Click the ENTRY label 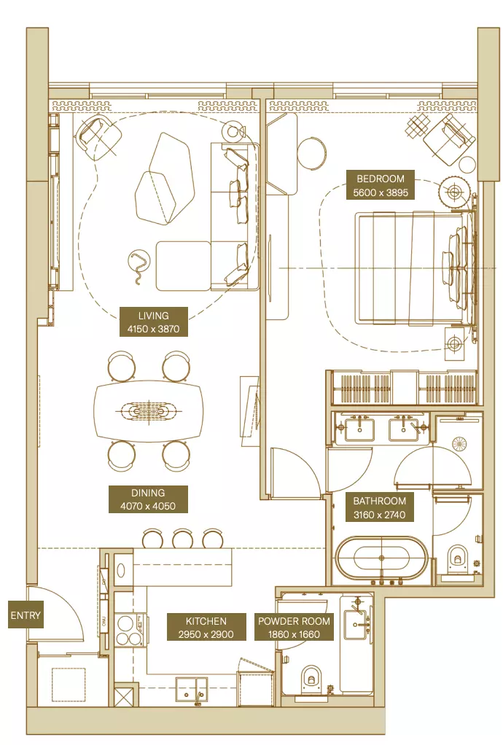coord(26,615)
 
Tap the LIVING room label coord(153,321)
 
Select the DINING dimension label coord(148,499)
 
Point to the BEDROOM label coord(381,185)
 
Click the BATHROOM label coord(380,507)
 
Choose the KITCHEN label coord(206,627)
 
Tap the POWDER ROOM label coord(294,627)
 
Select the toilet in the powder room coord(311,678)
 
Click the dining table coord(149,410)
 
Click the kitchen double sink coord(192,688)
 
